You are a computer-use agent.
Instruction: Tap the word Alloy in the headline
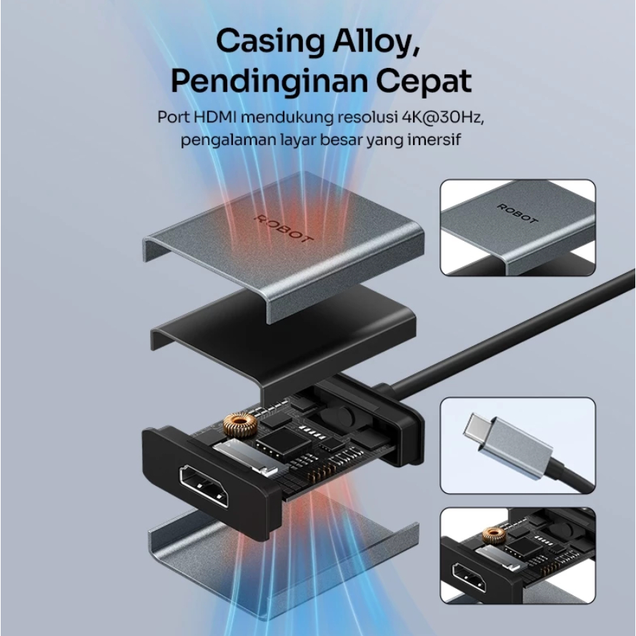(379, 41)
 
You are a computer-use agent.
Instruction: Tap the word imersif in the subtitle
(435, 139)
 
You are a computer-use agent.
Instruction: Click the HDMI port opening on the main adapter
(204, 486)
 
